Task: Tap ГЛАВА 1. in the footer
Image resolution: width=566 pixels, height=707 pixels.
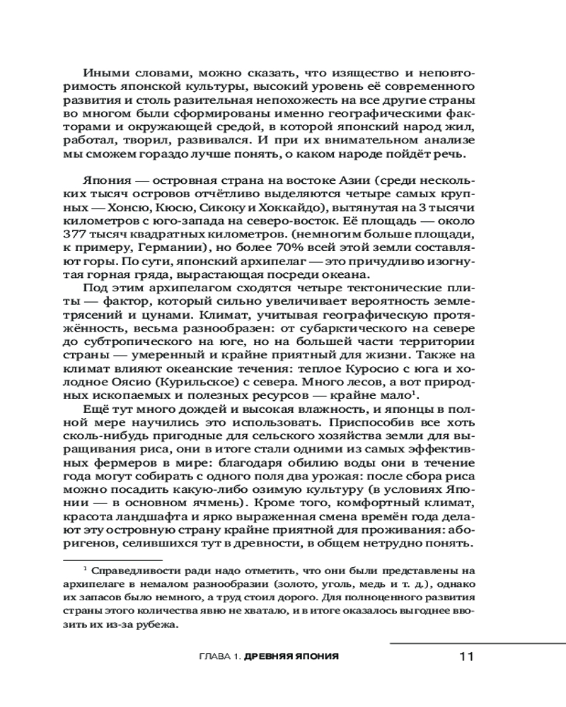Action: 216,657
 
